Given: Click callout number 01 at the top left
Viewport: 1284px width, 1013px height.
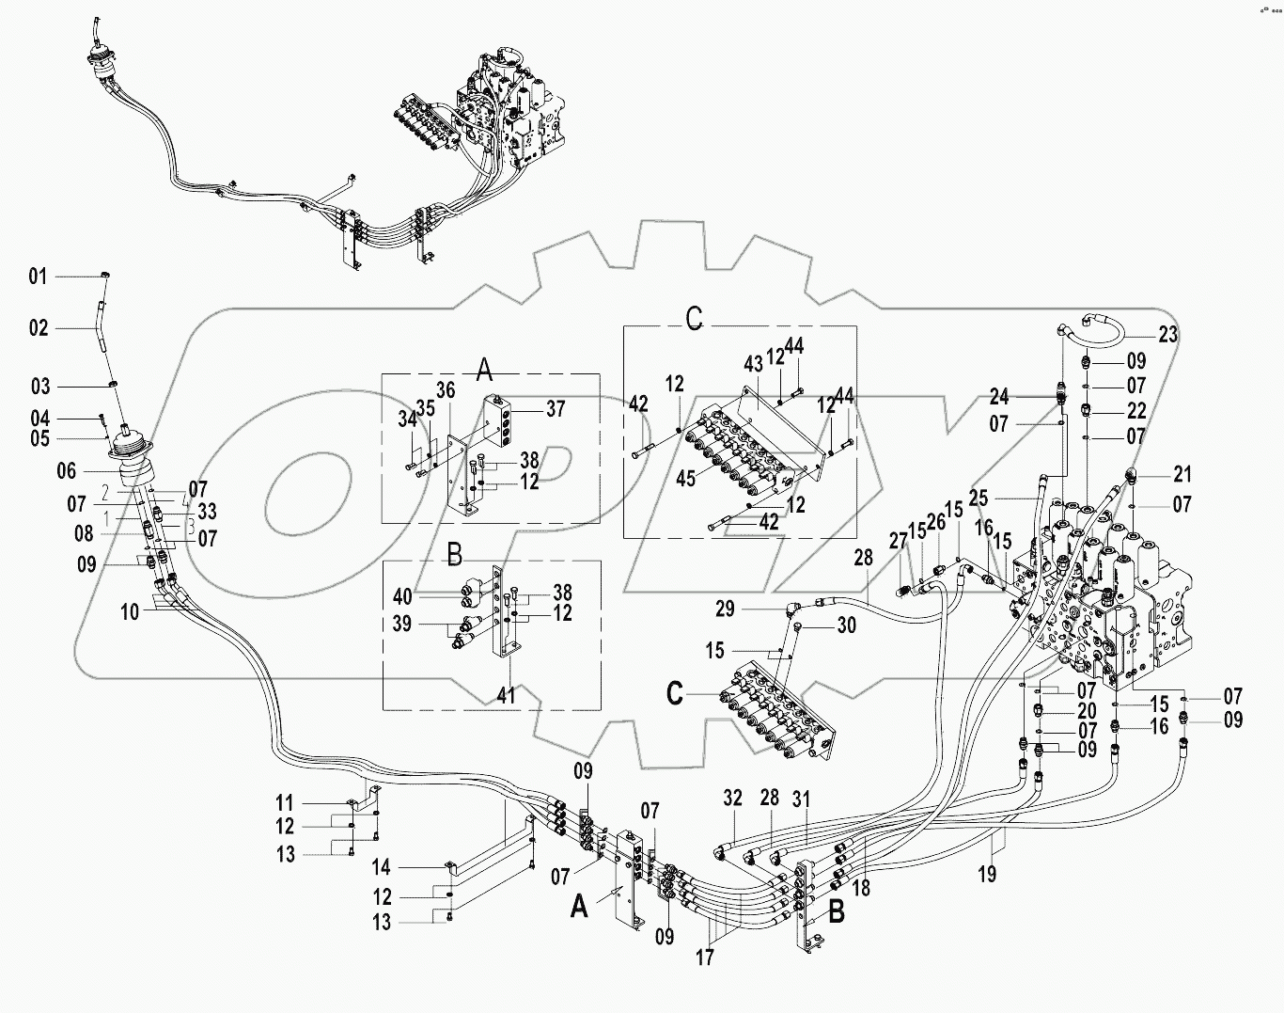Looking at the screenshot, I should pos(38,277).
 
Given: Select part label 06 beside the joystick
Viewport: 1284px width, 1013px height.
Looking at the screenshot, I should pos(67,471).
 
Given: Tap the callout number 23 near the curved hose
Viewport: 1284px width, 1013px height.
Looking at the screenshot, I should pos(1167,335).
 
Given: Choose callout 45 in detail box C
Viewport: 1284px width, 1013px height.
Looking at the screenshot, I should pos(685,478).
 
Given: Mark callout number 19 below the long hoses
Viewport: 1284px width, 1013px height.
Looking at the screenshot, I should pos(986,875).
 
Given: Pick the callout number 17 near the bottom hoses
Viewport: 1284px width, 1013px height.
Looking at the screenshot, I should pos(705,958).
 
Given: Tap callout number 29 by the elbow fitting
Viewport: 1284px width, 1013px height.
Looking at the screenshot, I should pos(725,609).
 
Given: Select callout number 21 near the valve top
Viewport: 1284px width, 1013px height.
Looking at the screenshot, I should pos(1182,473).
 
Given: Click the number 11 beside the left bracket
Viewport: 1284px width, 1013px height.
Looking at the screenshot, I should pos(285,803).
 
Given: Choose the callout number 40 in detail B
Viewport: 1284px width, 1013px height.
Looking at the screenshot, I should pos(402,596).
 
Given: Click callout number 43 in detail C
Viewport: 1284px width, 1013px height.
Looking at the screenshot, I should pos(754,364).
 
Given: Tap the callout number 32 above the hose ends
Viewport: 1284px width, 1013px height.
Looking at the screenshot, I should pos(732,799).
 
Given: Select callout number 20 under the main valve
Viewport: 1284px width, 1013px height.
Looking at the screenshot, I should pos(1088,711).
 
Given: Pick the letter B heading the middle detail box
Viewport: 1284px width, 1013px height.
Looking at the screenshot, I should pos(454,556).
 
